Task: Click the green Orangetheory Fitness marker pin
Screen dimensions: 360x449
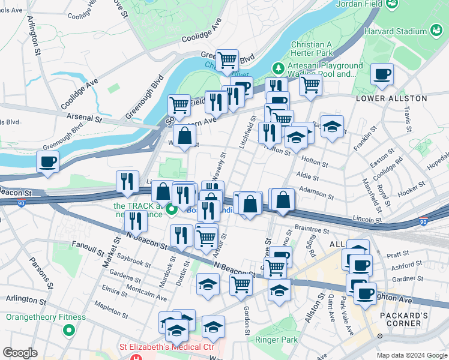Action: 70,329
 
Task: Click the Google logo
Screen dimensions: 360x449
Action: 20,353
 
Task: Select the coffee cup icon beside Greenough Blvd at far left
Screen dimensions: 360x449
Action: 48,161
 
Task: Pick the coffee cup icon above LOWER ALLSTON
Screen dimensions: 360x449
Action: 382,74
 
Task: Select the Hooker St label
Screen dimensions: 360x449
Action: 411,189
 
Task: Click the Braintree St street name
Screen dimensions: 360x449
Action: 312,230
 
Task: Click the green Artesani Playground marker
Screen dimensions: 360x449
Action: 277,66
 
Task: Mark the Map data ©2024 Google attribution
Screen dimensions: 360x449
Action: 411,355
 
